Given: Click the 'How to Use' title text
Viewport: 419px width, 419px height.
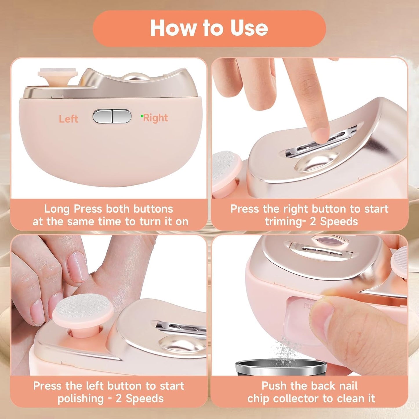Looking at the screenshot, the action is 209,28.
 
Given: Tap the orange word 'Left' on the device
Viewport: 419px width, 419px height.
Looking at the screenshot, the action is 68,119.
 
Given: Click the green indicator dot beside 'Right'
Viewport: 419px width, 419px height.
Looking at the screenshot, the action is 142,116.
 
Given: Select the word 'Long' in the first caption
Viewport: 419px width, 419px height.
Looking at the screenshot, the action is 57,209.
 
